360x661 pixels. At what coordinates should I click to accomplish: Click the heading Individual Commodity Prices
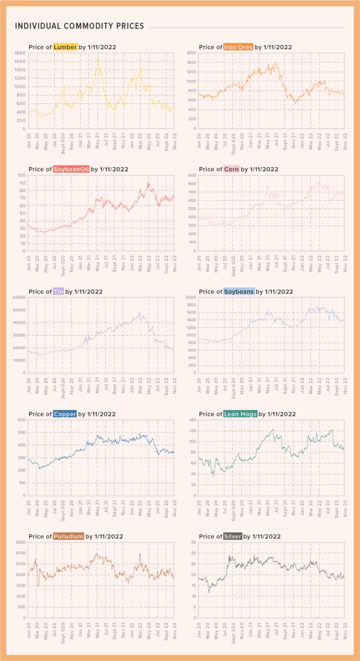79,26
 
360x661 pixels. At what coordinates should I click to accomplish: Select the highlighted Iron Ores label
239,47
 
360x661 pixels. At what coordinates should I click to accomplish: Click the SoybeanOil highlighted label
72,169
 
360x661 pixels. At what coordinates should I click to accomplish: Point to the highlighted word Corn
232,169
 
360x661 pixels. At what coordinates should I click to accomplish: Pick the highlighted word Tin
58,291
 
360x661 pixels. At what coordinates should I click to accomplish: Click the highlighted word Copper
65,414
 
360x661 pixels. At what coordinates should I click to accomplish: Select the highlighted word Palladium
69,536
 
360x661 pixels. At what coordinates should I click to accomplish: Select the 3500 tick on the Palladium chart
19,542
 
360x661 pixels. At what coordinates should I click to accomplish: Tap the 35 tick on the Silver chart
191,542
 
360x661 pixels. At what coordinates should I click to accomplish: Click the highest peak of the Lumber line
98,59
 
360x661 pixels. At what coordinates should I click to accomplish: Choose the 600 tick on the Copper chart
21,420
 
